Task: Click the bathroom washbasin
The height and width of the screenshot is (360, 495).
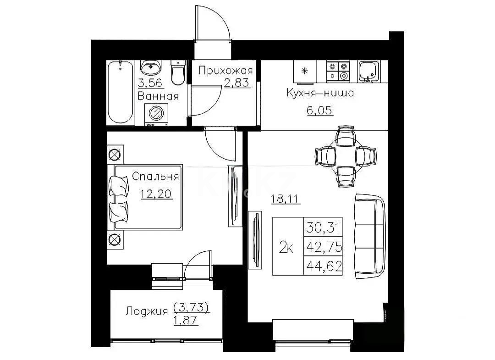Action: point(151,68)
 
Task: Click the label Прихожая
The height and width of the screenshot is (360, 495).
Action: point(225,71)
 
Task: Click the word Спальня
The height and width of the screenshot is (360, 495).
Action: point(155,177)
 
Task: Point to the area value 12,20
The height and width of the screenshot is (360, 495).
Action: point(156,194)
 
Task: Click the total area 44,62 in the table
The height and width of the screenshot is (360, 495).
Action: point(324,266)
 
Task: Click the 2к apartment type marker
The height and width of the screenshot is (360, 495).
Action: point(287,247)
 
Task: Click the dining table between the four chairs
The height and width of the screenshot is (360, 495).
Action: point(346,156)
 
